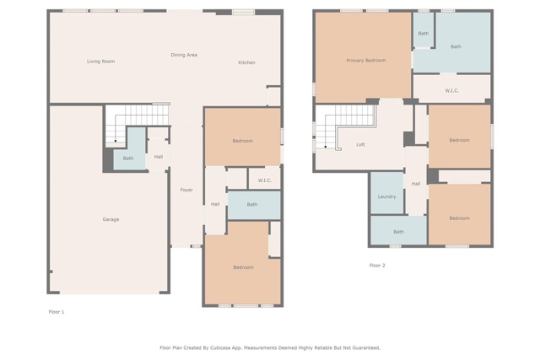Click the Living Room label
101,62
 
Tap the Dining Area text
184,55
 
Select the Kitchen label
246,62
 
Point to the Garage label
111,219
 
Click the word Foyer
186,190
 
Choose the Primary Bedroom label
365,60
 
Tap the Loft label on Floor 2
360,144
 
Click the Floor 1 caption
57,312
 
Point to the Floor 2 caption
377,266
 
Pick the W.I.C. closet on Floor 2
451,90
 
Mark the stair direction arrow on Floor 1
116,141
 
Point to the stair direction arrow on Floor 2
326,147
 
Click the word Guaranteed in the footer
364,347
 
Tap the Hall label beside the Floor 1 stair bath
159,157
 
